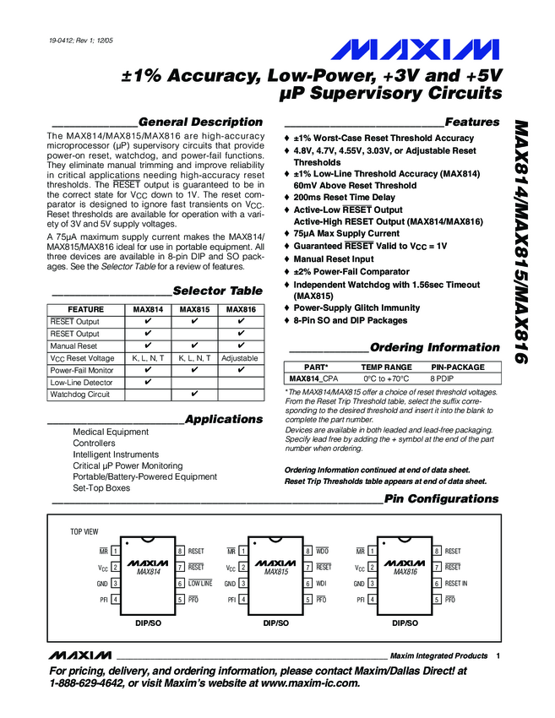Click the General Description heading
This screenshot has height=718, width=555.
tap(200, 122)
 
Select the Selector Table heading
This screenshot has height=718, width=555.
tap(217, 291)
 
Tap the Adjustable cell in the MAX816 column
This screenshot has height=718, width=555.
tap(240, 358)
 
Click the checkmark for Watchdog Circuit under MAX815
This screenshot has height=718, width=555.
tap(194, 394)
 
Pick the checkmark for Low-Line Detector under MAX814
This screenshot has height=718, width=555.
tap(149, 382)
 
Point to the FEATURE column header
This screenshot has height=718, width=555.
tap(86, 309)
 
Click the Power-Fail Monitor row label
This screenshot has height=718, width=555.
tap(82, 370)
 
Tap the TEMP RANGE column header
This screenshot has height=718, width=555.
tap(387, 367)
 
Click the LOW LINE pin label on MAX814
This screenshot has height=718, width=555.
tap(200, 584)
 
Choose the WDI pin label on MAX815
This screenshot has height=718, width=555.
tap(322, 584)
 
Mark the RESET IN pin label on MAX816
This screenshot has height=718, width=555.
tap(455, 584)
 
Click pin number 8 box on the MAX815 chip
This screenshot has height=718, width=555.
tap(308, 551)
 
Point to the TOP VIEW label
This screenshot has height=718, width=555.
tap(84, 532)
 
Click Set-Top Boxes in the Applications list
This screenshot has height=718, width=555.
tap(101, 488)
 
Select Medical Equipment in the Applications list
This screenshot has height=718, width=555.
tap(111, 432)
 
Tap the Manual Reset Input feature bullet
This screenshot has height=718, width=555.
tap(334, 259)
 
